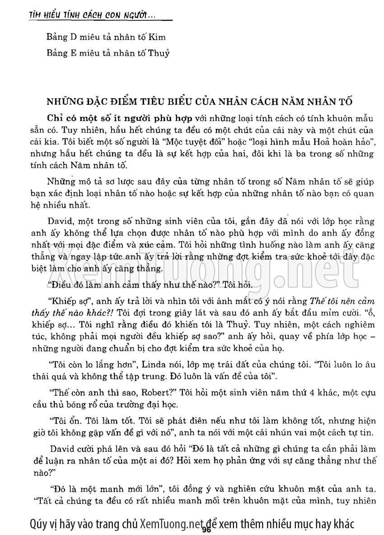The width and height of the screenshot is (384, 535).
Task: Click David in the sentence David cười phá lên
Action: (x=64, y=450)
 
